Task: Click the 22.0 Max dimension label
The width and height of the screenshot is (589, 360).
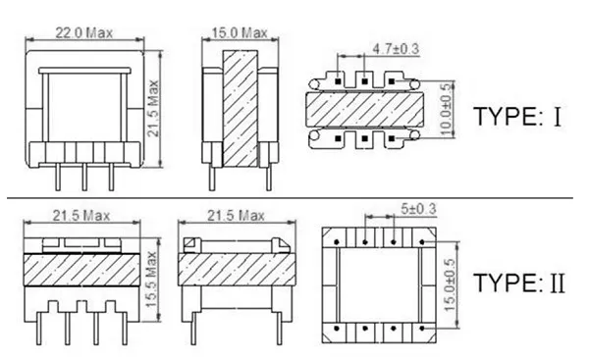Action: pyautogui.click(x=84, y=33)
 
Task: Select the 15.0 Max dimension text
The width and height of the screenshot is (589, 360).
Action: pyautogui.click(x=240, y=33)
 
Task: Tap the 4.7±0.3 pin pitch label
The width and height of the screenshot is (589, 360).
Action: pyautogui.click(x=396, y=49)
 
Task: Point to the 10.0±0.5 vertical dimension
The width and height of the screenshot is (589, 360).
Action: pyautogui.click(x=445, y=109)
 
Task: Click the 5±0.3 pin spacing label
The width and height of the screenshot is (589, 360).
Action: pyautogui.click(x=418, y=209)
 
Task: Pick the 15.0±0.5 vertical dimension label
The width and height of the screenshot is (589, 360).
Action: pyautogui.click(x=450, y=284)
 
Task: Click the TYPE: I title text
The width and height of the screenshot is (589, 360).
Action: pyautogui.click(x=518, y=117)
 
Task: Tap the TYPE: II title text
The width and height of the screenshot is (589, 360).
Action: pyautogui.click(x=519, y=283)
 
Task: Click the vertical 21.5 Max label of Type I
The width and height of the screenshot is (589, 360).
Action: pyautogui.click(x=153, y=109)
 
